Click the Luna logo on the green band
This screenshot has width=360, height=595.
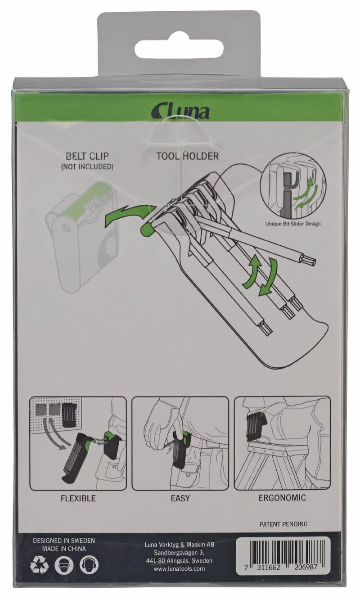pos(180,112)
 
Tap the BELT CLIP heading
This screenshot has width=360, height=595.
pos(87,156)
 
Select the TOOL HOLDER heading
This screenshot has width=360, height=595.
pos(188,156)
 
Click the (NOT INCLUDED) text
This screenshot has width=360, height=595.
pos(87,167)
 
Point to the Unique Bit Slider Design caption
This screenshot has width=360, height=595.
pos(293,224)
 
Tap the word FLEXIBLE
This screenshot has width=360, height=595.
pos(78,498)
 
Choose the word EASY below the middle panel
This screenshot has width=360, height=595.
pos(180,498)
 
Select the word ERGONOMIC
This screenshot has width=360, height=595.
pos(282,497)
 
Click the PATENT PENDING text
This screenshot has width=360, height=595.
pos(283,524)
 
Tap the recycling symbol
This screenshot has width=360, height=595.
pos(39,564)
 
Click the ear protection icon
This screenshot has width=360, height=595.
pos(89,564)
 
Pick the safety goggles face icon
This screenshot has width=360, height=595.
pos(64,564)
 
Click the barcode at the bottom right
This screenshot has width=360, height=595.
pos(283,557)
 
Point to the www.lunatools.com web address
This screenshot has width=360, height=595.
pos(179,569)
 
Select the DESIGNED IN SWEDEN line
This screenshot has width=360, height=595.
pos(64,541)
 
